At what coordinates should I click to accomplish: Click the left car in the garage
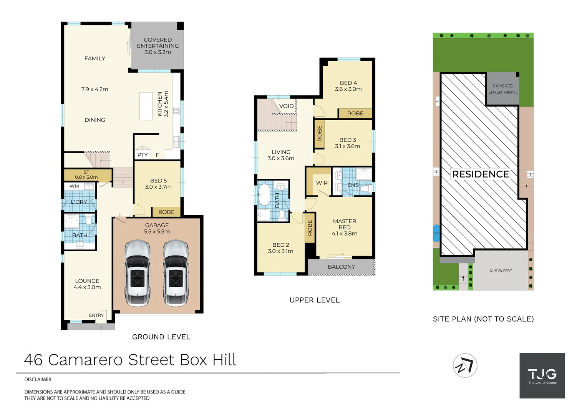(138, 273)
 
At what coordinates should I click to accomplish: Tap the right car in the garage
(176, 273)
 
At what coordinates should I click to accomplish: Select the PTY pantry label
(143, 155)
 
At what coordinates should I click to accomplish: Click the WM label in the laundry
(74, 186)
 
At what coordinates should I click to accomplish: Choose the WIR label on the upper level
(322, 183)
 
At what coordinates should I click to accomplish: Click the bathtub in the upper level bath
(264, 195)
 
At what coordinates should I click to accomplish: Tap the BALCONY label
(341, 267)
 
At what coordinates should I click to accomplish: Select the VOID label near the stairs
(286, 106)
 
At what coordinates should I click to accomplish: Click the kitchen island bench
(146, 106)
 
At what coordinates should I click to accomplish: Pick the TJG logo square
(542, 375)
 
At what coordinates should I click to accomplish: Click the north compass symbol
(465, 365)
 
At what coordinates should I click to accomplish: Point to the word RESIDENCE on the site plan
(480, 174)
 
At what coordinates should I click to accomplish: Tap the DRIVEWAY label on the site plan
(501, 270)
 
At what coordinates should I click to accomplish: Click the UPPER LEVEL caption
(315, 300)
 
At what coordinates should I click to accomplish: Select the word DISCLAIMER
(38, 380)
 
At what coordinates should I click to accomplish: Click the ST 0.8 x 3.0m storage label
(86, 175)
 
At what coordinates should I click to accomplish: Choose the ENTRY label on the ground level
(96, 315)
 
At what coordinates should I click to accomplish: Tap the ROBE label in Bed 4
(355, 114)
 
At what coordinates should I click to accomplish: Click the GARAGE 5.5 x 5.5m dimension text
(157, 232)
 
